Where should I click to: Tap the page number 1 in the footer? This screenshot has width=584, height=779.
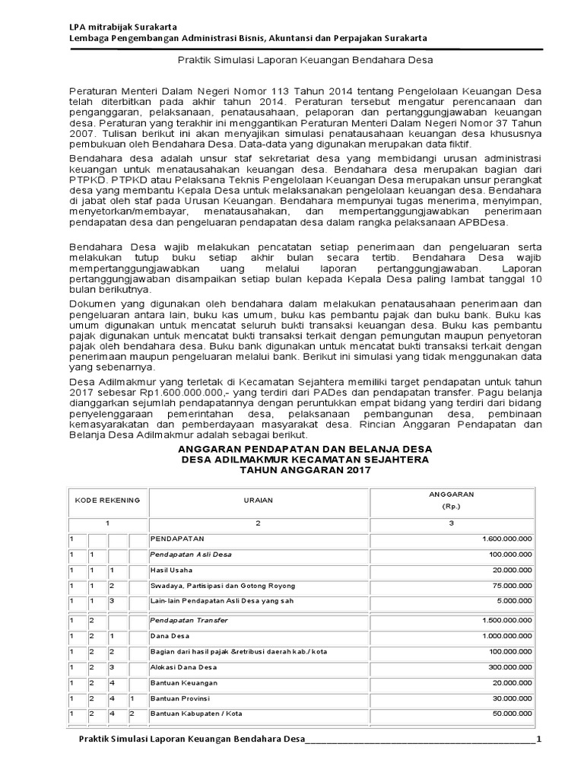coord(538,740)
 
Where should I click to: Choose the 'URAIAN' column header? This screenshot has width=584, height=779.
coord(258,500)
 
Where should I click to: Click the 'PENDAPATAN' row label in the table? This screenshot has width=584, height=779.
coord(176,539)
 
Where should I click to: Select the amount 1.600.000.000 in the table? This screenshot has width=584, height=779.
coord(506,539)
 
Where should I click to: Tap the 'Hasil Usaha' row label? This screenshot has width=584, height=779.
coord(171,570)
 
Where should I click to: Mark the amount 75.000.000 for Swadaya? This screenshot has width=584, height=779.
coord(511,586)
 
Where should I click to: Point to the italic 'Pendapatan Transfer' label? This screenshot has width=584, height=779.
coord(189,620)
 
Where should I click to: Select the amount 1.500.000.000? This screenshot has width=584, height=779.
coord(506,620)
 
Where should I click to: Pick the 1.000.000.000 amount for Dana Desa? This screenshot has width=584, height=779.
coord(506,635)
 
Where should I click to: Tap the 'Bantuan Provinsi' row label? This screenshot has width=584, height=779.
coord(179,698)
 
